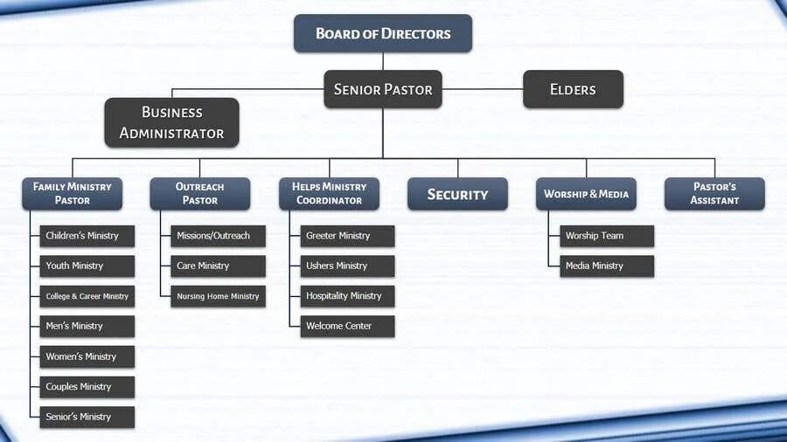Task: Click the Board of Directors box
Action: point(383,34)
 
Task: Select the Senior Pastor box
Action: point(383,89)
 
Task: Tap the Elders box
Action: point(573,89)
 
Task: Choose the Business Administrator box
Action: point(171,122)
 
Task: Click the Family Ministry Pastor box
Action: point(73,193)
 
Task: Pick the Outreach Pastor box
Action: point(199,193)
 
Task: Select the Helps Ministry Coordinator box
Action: point(329,193)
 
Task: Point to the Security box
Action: point(457,194)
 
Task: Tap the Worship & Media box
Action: point(586,194)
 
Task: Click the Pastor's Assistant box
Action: point(714,193)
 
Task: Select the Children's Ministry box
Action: point(87,236)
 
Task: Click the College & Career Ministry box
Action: point(87,296)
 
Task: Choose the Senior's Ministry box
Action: point(87,417)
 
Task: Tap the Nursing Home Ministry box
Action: point(218,296)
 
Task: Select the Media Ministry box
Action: point(607,266)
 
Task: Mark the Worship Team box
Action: point(607,236)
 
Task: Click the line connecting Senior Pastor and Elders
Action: point(483,89)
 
